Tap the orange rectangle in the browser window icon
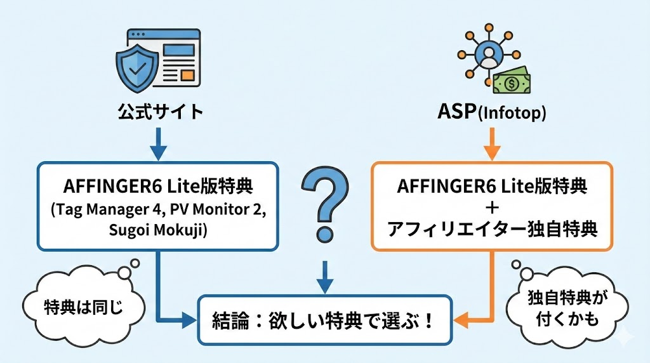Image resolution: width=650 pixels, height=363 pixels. click(187, 76)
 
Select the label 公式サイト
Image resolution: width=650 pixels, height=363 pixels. click(161, 112)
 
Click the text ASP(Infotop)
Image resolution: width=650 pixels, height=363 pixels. click(491, 112)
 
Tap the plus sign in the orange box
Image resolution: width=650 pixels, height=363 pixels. click(491, 208)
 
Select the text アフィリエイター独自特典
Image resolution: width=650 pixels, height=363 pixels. click(491, 228)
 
